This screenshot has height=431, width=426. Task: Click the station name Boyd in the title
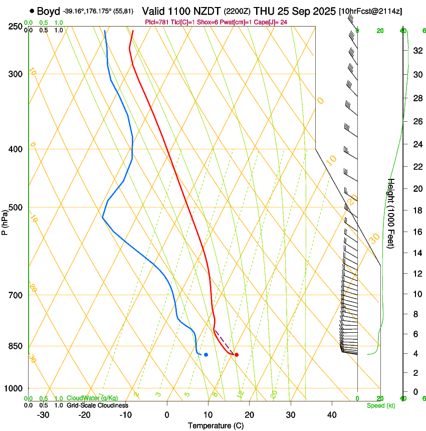pyautogui.click(x=49, y=11)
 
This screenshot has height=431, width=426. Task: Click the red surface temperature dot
pyautogui.click(x=237, y=355)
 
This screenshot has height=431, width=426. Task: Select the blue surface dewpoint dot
pyautogui.click(x=206, y=355)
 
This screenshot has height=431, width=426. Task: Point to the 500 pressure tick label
pyautogui.click(x=16, y=207)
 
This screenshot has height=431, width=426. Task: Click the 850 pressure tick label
pyautogui.click(x=16, y=346)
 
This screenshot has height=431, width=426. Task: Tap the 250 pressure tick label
pyautogui.click(x=16, y=26)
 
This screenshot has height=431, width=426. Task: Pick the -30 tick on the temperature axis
pyautogui.click(x=43, y=414)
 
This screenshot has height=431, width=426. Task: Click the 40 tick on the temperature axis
pyautogui.click(x=331, y=414)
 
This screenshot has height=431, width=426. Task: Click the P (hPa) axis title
pyautogui.click(x=6, y=221)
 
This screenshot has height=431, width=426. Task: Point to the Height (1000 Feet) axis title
pyautogui.click(x=391, y=213)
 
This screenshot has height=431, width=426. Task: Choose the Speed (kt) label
pyautogui.click(x=381, y=405)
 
